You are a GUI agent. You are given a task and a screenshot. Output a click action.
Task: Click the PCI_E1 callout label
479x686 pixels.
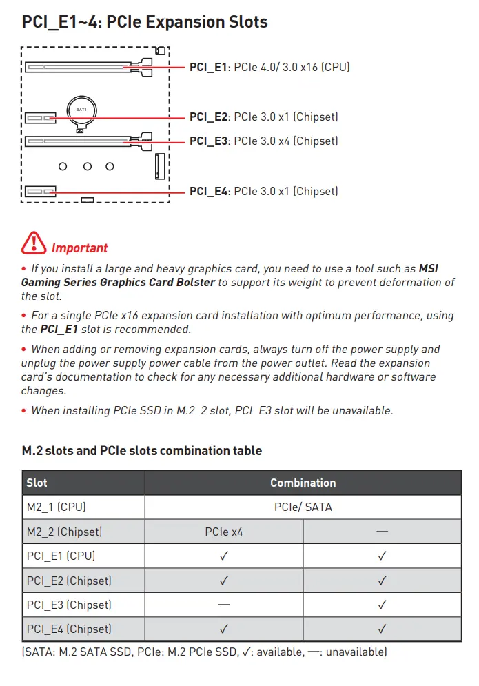(269, 67)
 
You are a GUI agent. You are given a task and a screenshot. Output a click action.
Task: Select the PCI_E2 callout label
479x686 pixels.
(264, 117)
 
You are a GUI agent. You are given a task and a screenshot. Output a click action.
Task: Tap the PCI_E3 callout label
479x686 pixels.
(264, 141)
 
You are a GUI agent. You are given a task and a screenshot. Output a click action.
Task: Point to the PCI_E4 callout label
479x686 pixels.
(264, 191)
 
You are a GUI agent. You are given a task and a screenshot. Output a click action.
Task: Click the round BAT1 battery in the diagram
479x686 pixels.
(82, 111)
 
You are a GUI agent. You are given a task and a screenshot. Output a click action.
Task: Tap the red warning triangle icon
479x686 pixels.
(34, 243)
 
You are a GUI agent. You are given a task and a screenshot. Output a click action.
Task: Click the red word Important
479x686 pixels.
(79, 248)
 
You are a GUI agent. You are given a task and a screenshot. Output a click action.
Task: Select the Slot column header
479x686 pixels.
(37, 483)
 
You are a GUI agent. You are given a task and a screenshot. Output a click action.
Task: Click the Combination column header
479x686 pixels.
(303, 483)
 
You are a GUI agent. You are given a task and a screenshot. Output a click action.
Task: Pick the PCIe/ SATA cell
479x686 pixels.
(303, 507)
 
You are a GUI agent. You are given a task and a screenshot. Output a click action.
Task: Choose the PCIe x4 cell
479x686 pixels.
(224, 532)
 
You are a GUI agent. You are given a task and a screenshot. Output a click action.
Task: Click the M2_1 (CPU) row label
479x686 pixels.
(57, 507)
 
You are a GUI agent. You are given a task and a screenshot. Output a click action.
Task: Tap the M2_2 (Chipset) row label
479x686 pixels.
(64, 532)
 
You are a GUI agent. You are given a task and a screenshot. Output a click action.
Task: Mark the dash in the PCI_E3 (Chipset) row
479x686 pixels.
(224, 604)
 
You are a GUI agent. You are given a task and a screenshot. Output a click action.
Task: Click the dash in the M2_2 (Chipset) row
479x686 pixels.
(383, 531)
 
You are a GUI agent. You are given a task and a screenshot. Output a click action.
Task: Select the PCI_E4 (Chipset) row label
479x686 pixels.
(69, 629)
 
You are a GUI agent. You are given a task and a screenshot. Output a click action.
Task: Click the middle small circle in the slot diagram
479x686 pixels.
(88, 166)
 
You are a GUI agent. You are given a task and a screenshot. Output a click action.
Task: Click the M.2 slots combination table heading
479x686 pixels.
(142, 451)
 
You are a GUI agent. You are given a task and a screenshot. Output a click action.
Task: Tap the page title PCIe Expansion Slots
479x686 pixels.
(187, 22)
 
